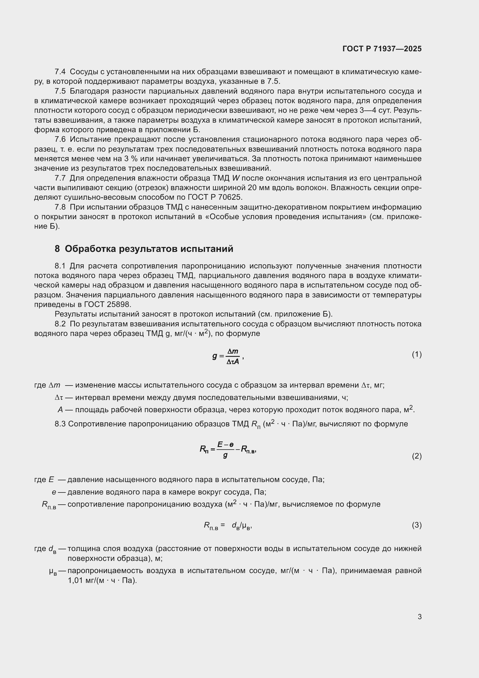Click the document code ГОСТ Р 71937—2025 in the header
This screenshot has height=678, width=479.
pos(382,49)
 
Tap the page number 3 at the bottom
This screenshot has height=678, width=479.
pos(419,617)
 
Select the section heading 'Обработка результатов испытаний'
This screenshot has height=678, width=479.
pos(149,249)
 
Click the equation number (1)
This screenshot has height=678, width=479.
pos(416,354)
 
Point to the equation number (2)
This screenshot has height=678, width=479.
pos(416,456)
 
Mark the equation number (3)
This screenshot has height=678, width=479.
pos(416,525)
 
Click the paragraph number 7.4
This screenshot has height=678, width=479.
pos(60,72)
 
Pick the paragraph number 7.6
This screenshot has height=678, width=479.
pos(60,139)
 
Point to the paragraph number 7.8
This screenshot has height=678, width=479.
pos(60,207)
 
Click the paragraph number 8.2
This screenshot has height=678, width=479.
pos(60,324)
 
